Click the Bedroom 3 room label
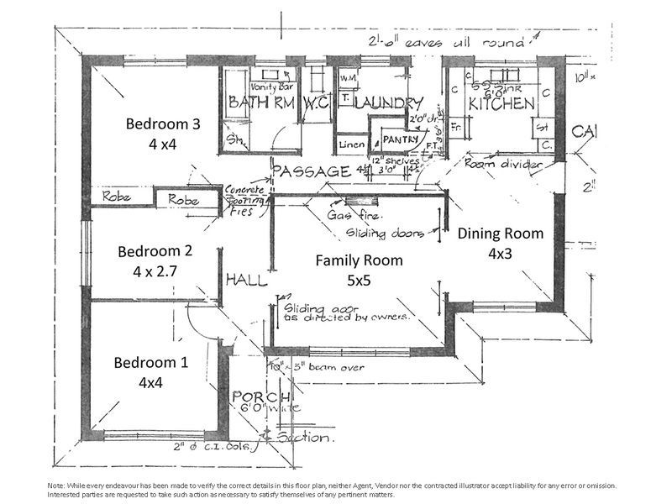point(163,124)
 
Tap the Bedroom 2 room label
point(155,250)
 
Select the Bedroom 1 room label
point(151,363)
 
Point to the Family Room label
point(359,260)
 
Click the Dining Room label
point(500,234)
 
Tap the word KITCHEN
point(501,103)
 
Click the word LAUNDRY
point(388,103)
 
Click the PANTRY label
point(399,139)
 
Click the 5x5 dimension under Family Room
point(359,281)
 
